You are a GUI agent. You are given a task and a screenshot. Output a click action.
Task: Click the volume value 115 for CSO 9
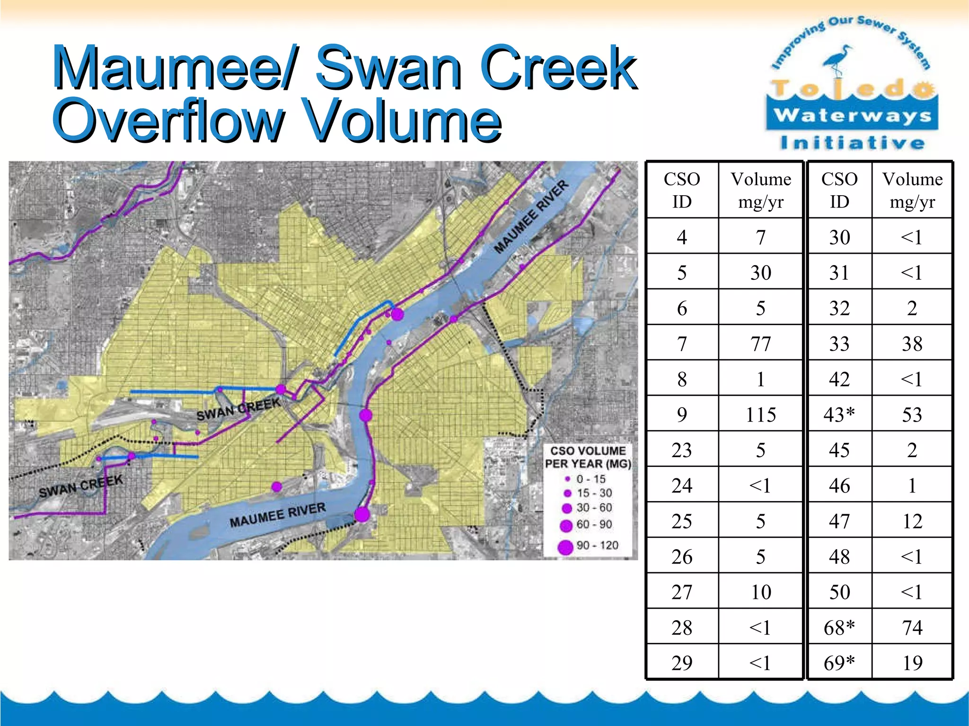760,415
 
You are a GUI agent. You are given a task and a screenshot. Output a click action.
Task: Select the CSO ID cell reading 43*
839,415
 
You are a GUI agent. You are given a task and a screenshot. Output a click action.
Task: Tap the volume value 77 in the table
760,344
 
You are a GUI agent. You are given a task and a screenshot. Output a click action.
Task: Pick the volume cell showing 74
912,628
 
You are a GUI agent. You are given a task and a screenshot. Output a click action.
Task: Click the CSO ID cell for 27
681,592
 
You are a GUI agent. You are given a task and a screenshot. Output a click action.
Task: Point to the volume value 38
912,344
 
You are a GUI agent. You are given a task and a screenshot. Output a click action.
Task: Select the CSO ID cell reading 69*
839,663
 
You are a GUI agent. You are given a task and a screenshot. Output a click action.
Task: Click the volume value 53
912,415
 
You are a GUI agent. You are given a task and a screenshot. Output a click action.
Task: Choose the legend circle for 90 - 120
565,547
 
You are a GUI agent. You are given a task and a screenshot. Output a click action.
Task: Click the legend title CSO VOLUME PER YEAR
588,457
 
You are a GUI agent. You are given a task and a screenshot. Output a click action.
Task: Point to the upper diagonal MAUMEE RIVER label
531,217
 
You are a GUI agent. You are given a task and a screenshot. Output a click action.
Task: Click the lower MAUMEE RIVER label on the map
278,515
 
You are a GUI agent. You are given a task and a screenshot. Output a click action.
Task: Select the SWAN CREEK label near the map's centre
238,409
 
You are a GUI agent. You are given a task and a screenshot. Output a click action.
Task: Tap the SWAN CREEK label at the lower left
81,486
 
